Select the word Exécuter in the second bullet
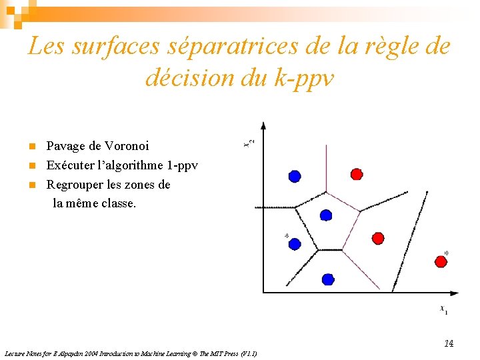(70, 165)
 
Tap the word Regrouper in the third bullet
(74, 185)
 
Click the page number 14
(449, 343)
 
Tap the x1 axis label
(443, 309)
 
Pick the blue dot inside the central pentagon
(325, 215)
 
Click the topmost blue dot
(295, 176)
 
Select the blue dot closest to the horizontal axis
(327, 279)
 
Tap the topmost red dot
(357, 174)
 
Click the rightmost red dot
(441, 262)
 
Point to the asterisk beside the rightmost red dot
(446, 253)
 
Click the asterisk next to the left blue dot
(287, 236)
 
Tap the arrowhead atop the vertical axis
(263, 125)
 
